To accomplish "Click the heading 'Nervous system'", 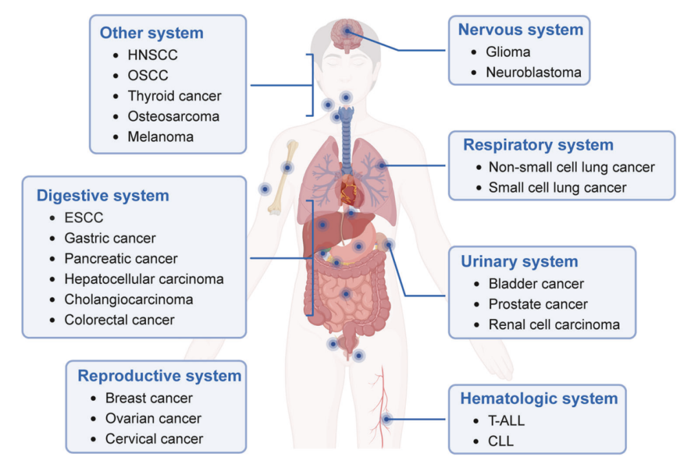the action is (x=520, y=30).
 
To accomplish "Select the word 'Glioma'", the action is (x=508, y=52).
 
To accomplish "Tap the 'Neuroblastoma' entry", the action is (x=533, y=72).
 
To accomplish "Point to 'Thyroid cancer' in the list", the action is (x=174, y=96).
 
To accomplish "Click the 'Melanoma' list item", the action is (x=160, y=137).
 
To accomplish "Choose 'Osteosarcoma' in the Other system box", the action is (x=173, y=116).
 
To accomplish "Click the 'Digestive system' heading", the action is (x=103, y=196).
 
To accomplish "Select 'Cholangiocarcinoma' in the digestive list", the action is (x=129, y=299).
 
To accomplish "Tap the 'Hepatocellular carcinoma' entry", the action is (x=143, y=279).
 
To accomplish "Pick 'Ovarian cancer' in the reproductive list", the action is (x=153, y=419).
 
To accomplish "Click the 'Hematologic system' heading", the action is (x=538, y=399).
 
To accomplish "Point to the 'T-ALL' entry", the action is (x=506, y=421).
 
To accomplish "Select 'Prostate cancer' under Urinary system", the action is (x=538, y=305).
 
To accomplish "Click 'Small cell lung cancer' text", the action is (x=557, y=188).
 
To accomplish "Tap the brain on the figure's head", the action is (x=347, y=35).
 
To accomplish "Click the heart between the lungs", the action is (x=349, y=190).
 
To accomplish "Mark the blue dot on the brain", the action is (x=347, y=31).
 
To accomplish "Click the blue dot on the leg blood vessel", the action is (x=386, y=419).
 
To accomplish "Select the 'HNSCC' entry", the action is (x=153, y=55).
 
